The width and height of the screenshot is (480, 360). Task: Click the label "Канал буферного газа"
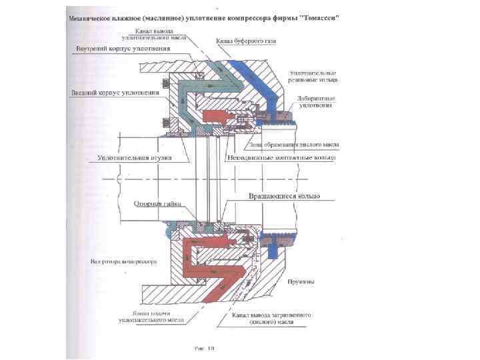click(245, 41)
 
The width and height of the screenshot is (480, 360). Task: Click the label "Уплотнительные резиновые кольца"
click(313, 75)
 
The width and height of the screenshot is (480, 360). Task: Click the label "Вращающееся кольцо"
click(285, 197)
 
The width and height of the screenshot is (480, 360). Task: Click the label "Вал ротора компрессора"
click(123, 262)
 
